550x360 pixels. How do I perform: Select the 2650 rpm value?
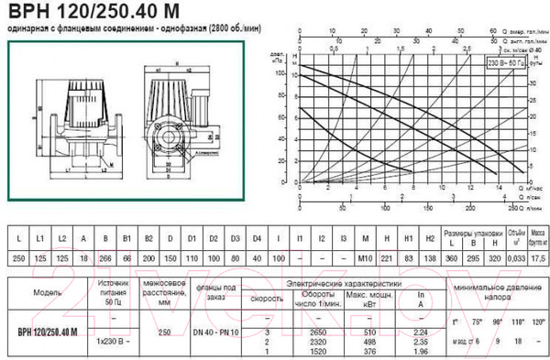317,330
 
